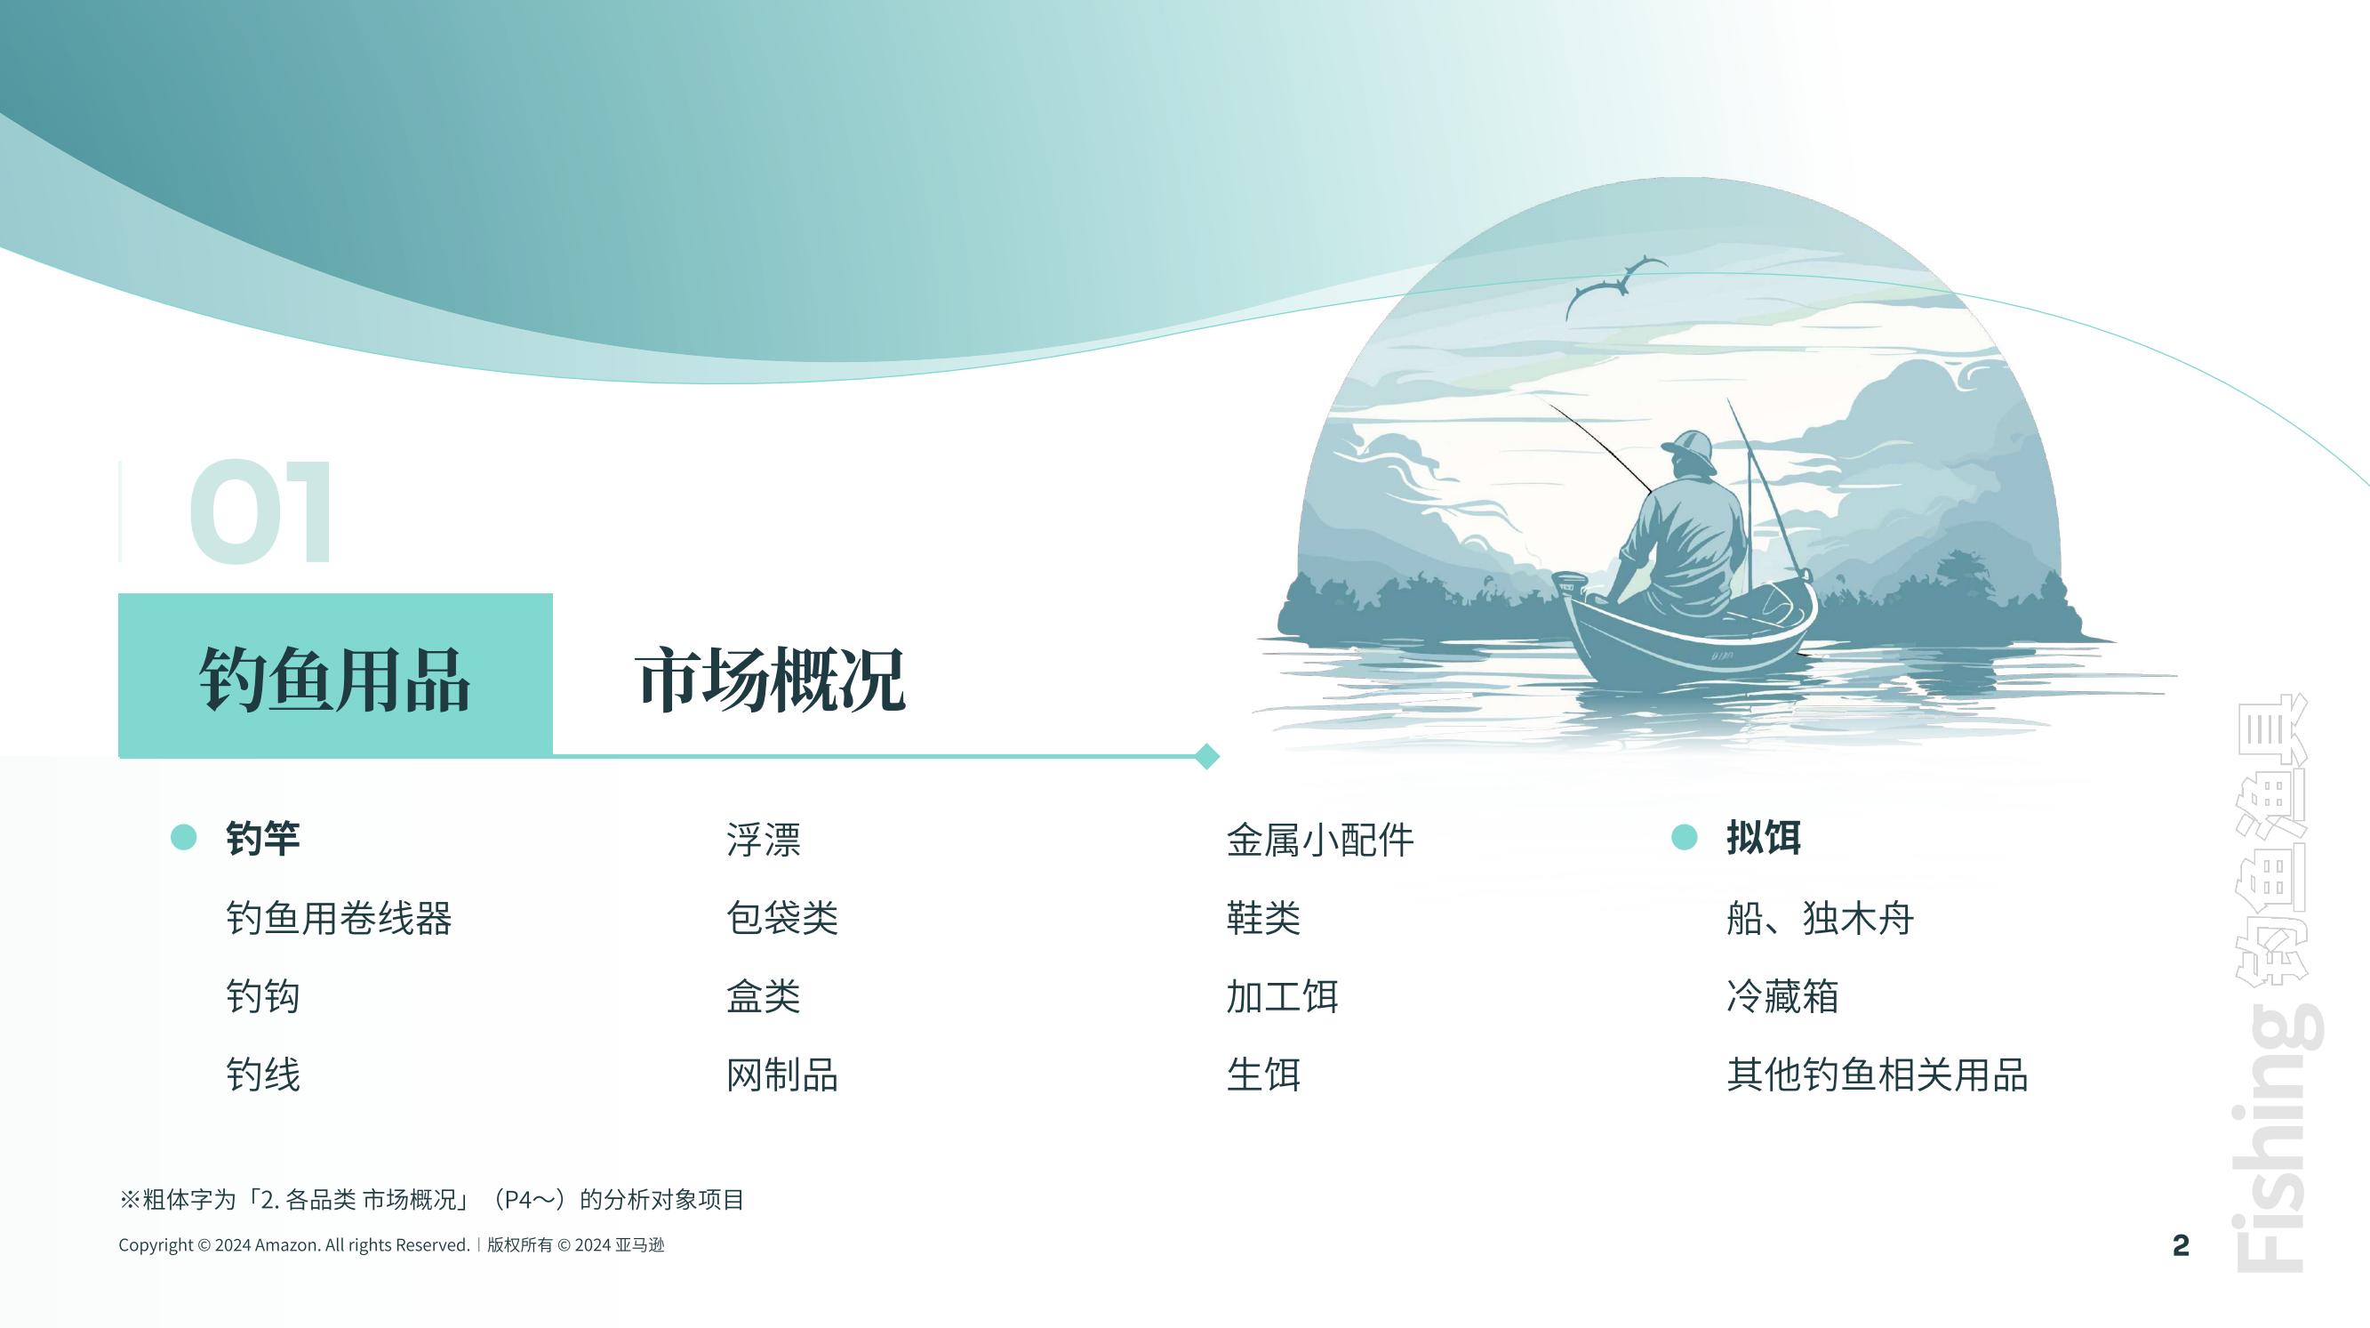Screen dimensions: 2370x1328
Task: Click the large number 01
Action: tap(260, 511)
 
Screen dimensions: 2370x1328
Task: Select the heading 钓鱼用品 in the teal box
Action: tap(335, 680)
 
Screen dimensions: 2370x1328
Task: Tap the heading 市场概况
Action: tap(770, 680)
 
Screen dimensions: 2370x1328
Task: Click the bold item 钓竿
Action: tap(263, 839)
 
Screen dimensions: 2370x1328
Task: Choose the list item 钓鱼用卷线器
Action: tap(339, 918)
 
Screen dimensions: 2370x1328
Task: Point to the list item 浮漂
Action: tap(764, 840)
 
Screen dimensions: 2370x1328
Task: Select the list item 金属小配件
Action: tap(1320, 840)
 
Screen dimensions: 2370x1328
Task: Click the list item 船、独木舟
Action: tap(1820, 918)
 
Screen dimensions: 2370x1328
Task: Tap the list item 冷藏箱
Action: tap(1782, 995)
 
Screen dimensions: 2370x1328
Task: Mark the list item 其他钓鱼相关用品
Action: tap(1877, 1074)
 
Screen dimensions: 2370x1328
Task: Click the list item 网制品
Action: tap(782, 1074)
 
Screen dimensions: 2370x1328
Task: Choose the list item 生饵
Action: tap(1263, 1074)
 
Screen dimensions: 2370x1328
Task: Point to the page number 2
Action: tap(2181, 1245)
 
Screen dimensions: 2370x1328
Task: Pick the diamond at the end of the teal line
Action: tap(1207, 755)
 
